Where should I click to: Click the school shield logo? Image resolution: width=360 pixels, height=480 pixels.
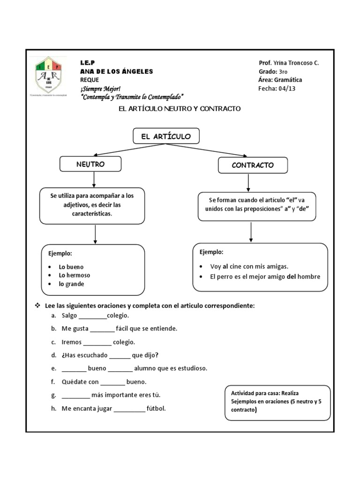tap(49, 75)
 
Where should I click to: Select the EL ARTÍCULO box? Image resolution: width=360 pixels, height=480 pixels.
tap(166, 136)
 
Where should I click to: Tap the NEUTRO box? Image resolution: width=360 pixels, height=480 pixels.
tap(90, 164)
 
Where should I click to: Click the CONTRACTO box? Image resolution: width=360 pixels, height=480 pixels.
tap(253, 165)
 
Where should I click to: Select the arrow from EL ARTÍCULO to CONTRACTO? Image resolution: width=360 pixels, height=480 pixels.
tap(206, 150)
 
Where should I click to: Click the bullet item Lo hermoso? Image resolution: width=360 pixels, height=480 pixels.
tap(74, 275)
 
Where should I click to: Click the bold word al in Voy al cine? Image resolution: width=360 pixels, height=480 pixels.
tap(225, 266)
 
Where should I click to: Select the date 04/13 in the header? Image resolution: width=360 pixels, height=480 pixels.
tap(287, 88)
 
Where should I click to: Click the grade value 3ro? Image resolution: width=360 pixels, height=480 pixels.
tap(283, 72)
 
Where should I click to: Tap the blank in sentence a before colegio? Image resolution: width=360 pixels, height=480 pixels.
tap(93, 316)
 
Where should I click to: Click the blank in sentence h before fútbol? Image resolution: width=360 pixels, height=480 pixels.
tap(129, 409)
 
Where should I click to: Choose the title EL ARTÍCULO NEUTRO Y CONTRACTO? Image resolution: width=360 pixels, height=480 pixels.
tap(180, 109)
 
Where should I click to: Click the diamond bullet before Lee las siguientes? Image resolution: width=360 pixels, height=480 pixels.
tap(38, 306)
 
